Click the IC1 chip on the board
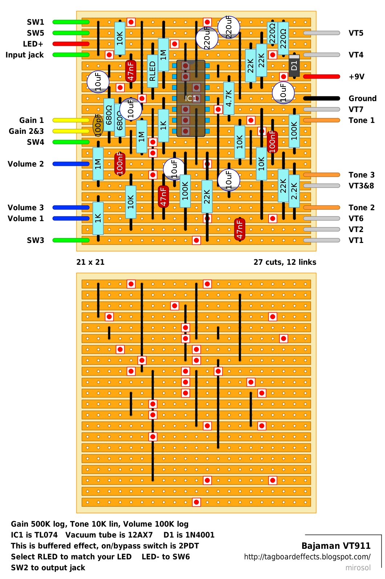(191, 98)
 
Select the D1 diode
(294, 66)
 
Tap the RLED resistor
(153, 71)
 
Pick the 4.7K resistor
(229, 98)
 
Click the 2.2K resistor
(294, 191)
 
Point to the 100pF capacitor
(98, 125)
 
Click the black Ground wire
(321, 98)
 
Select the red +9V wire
(321, 76)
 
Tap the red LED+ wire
(71, 44)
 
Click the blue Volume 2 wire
(71, 164)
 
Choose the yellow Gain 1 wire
(71, 120)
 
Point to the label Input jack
(25, 55)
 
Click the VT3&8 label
(361, 185)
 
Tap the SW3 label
(35, 240)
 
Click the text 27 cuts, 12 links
(285, 262)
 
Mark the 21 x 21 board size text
(90, 262)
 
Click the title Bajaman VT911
(336, 546)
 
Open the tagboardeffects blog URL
(307, 557)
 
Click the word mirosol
(358, 568)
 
